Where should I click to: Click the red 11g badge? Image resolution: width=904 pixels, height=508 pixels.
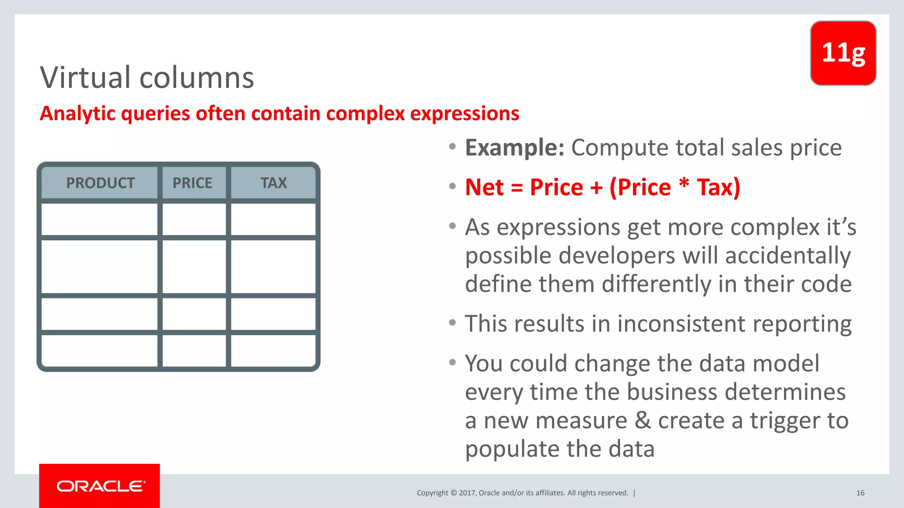[x=843, y=53]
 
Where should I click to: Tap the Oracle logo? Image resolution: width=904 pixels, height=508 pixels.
[x=100, y=486]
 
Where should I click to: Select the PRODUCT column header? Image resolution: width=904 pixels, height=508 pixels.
[x=100, y=183]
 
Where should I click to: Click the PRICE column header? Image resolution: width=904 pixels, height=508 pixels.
[x=192, y=183]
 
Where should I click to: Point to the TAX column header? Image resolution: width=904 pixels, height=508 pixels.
[x=274, y=183]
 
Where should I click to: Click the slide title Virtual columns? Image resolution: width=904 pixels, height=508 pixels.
[x=147, y=78]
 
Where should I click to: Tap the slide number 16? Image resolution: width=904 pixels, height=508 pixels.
[x=860, y=493]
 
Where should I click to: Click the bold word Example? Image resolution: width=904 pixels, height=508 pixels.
[x=514, y=148]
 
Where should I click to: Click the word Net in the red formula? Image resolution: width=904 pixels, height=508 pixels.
[x=484, y=187]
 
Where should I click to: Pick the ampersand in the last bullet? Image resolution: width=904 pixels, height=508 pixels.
[x=643, y=420]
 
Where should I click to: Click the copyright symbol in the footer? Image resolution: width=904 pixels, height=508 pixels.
[x=453, y=493]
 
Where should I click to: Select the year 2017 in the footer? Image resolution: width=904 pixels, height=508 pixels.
[x=467, y=493]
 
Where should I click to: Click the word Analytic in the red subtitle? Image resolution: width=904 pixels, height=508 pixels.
[x=78, y=114]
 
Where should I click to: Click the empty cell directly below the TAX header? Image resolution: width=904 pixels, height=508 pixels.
[x=273, y=219]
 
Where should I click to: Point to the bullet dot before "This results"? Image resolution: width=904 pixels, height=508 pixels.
[x=452, y=323]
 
